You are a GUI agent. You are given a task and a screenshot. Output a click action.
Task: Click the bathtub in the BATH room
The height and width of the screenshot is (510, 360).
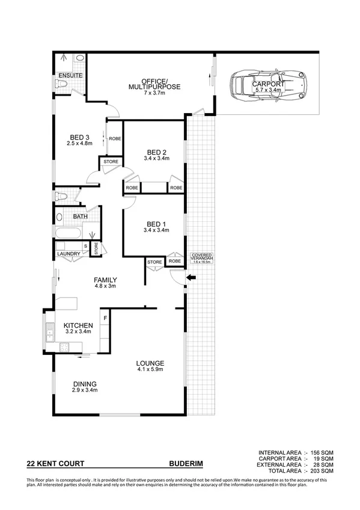click(x=67, y=233)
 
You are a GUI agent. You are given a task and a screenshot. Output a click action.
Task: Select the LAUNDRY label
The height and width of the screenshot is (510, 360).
click(x=69, y=254)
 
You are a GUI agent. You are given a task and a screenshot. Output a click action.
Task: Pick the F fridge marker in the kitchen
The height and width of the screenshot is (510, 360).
click(x=105, y=317)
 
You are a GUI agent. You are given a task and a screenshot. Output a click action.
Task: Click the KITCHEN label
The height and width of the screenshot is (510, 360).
click(x=79, y=325)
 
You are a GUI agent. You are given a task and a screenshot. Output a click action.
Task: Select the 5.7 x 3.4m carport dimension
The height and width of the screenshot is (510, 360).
click(x=268, y=90)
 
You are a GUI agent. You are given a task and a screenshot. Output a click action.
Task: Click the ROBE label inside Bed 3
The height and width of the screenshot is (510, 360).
click(x=115, y=139)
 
